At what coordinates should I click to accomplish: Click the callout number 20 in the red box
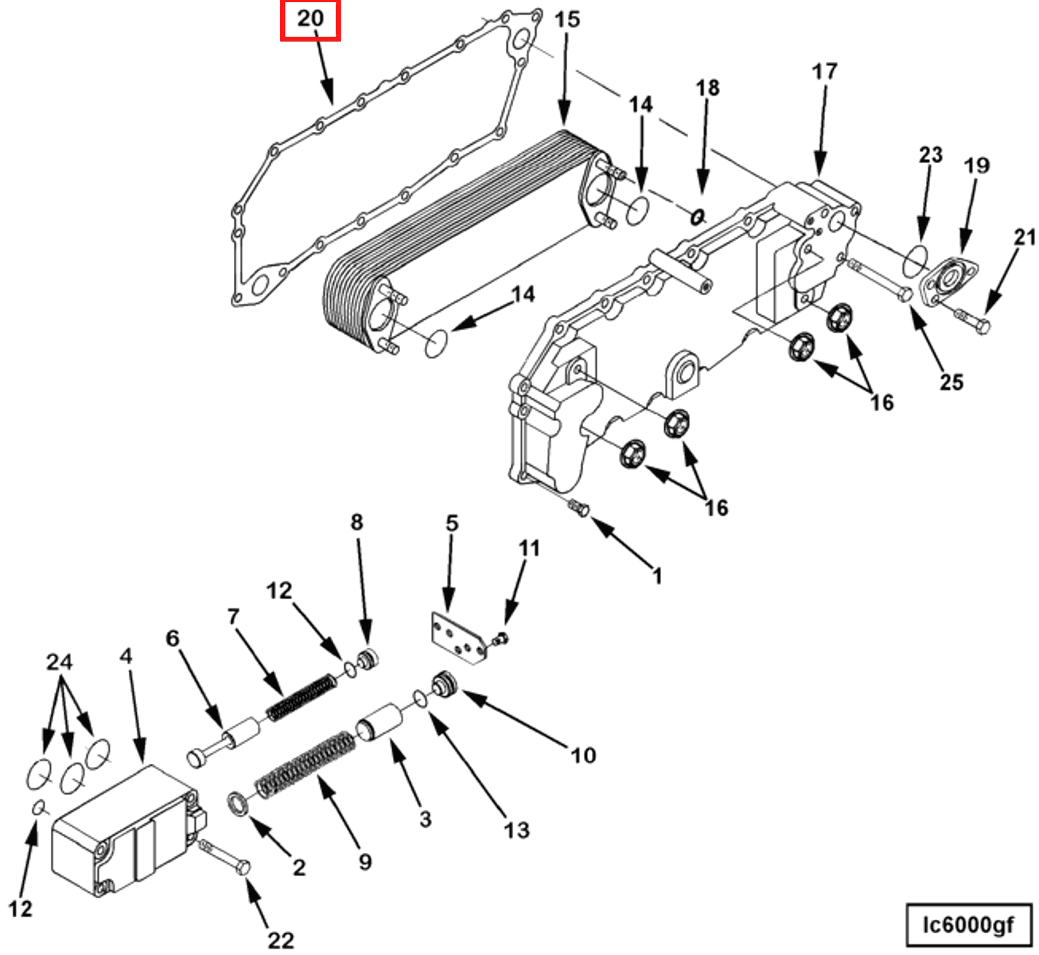click(x=310, y=19)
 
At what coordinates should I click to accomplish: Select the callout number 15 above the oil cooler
click(x=567, y=19)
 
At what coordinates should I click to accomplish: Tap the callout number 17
click(x=824, y=72)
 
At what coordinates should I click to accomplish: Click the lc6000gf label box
click(x=968, y=925)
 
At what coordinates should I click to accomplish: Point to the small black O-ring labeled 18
click(x=698, y=216)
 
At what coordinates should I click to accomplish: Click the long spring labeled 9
click(x=306, y=764)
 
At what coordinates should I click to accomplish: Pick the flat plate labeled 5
click(x=456, y=637)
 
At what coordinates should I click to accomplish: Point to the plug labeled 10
click(x=444, y=683)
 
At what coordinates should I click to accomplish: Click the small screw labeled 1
click(x=579, y=508)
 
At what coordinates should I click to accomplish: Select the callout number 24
click(x=59, y=662)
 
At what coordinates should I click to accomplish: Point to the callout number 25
click(x=951, y=382)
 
